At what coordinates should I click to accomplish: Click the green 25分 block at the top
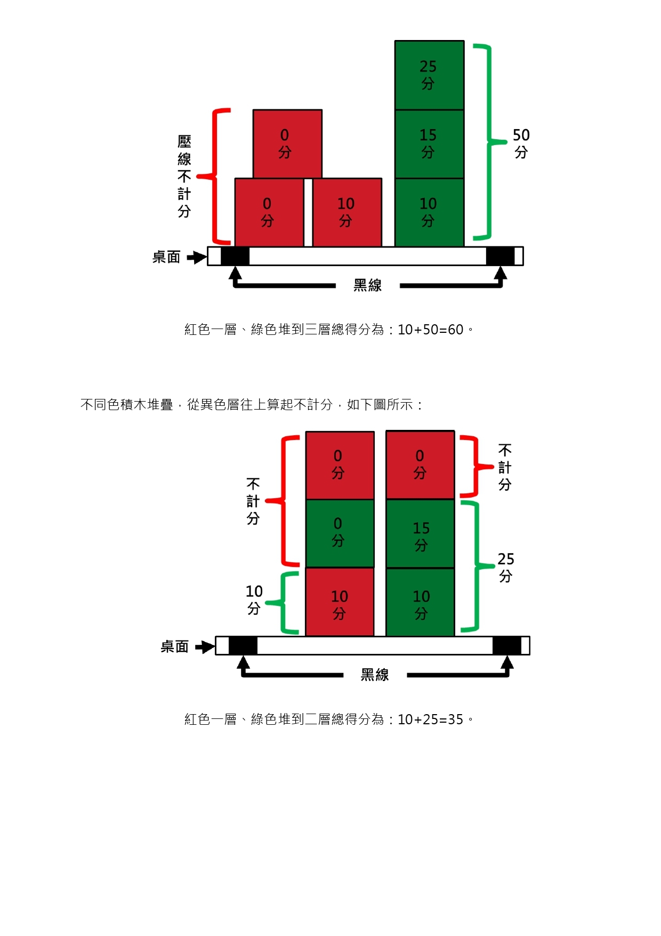coord(429,75)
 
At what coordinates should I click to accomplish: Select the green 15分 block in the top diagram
coord(429,143)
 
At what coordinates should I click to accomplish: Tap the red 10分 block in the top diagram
coord(346,212)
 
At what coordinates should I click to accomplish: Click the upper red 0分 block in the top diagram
coord(287,143)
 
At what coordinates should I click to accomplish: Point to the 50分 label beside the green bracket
coord(521,143)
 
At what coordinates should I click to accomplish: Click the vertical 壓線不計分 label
coord(184,176)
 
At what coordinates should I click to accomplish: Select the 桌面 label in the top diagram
coord(166,257)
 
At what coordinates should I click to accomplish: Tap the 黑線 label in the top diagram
coord(367,286)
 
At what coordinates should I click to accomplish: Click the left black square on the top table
coord(235,256)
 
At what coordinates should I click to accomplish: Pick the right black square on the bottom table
coord(506,645)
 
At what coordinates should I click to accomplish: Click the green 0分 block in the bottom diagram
coord(340,533)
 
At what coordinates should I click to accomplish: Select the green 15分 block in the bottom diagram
coord(420,533)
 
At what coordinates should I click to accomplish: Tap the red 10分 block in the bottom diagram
coord(340,602)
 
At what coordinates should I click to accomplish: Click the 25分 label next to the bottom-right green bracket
coord(505,567)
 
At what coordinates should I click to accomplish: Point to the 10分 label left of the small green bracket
coord(254,599)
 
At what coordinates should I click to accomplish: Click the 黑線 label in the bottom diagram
coord(375,675)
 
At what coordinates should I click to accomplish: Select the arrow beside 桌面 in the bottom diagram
coord(205,647)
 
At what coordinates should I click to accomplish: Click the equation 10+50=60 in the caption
coord(431,330)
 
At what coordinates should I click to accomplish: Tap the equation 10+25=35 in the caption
coord(431,719)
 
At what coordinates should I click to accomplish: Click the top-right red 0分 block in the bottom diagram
coord(420,465)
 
